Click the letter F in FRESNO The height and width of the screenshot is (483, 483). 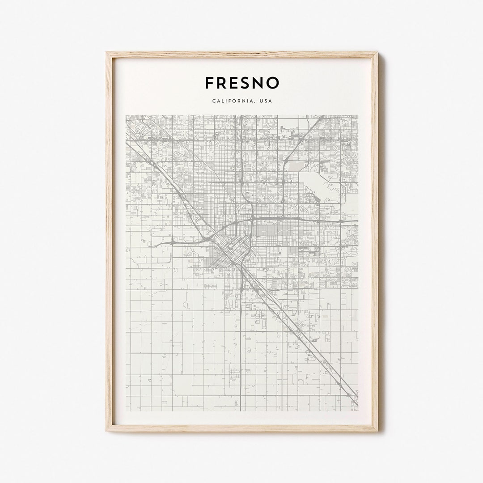click(210, 83)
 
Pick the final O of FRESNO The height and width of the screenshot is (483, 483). click(274, 83)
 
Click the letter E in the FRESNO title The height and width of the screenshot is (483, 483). click(237, 83)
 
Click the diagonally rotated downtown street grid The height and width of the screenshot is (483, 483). click(233, 250)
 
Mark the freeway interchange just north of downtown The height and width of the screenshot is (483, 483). click(252, 219)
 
